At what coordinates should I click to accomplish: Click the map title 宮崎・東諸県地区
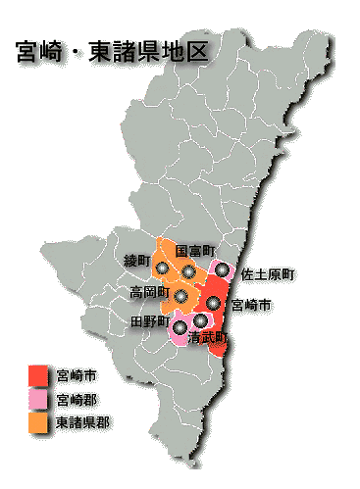pyautogui.click(x=112, y=51)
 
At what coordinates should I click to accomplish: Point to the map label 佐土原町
pyautogui.click(x=268, y=273)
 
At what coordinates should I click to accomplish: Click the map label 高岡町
pyautogui.click(x=149, y=292)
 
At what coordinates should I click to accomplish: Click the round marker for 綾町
pyautogui.click(x=162, y=267)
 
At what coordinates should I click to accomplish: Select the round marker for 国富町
pyautogui.click(x=188, y=270)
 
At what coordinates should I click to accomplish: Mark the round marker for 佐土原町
pyautogui.click(x=224, y=269)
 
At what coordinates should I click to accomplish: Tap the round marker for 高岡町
pyautogui.click(x=181, y=294)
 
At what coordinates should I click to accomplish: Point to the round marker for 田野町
pyautogui.click(x=180, y=326)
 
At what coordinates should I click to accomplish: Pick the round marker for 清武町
pyautogui.click(x=201, y=319)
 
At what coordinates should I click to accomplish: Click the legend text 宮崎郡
pyautogui.click(x=77, y=400)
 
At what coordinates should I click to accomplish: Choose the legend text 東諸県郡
pyautogui.click(x=82, y=423)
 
